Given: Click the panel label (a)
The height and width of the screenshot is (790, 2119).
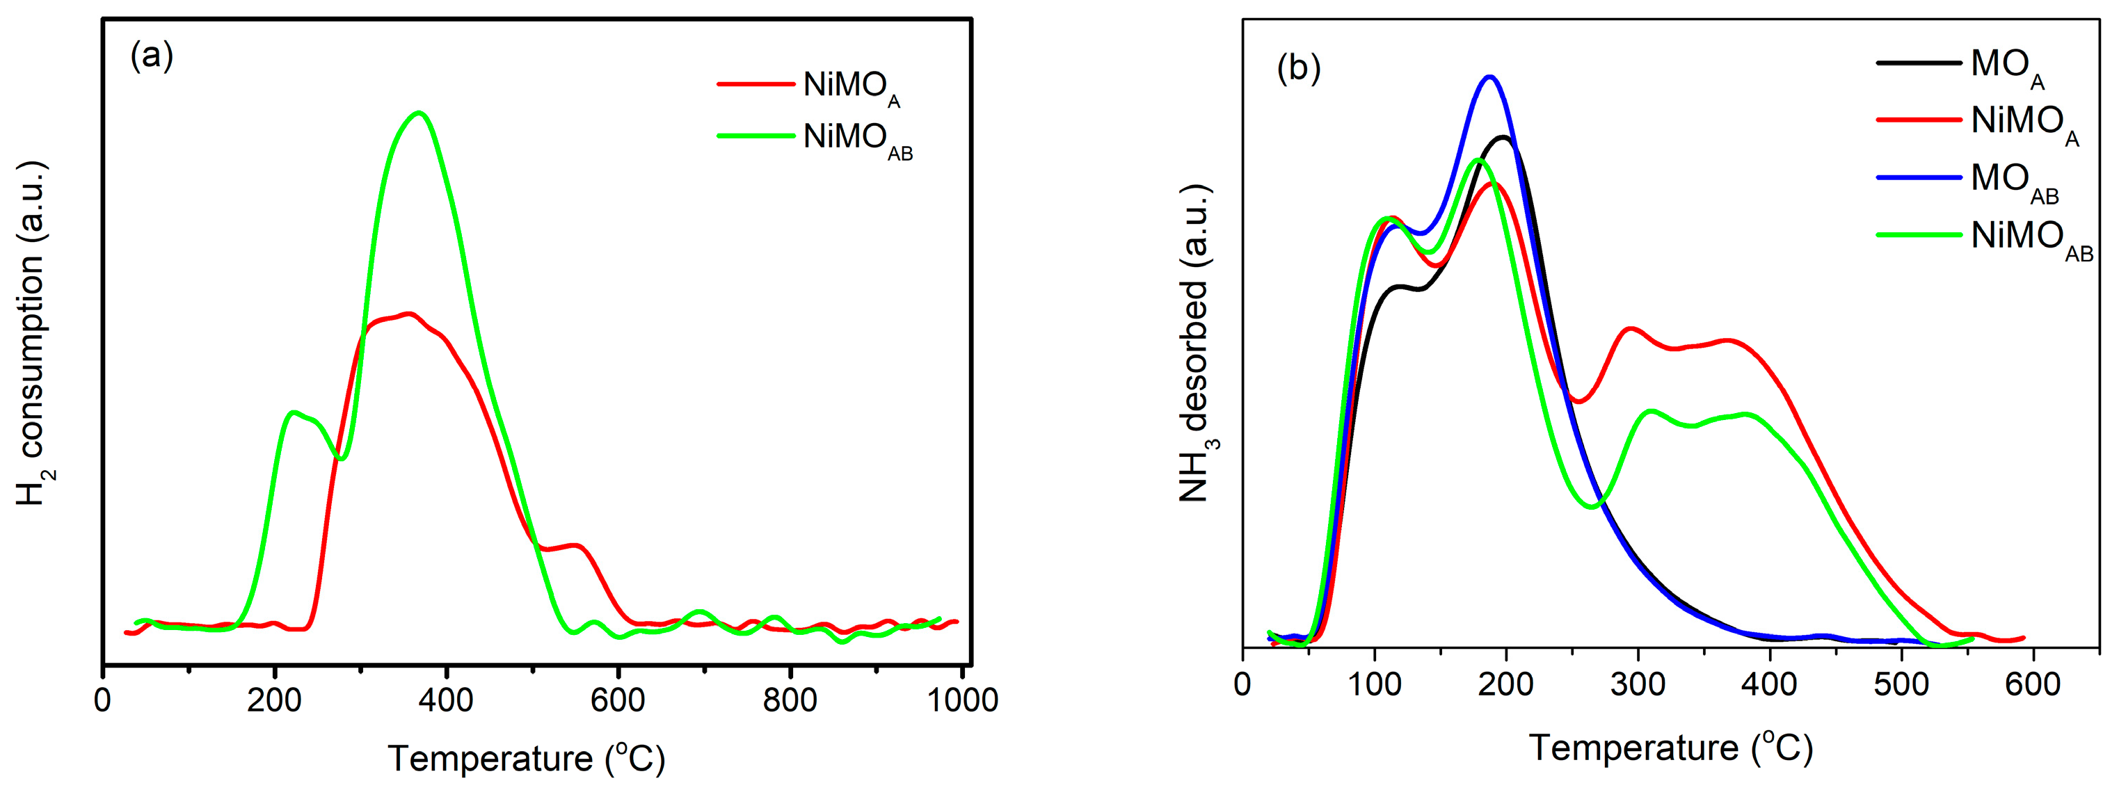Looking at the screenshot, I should point(152,57).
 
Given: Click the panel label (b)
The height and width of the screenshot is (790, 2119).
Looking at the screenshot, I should point(1298,67).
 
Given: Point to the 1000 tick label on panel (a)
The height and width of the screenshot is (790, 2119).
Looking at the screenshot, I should point(962,700).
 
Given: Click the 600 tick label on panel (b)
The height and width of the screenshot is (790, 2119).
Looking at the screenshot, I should point(2032,684).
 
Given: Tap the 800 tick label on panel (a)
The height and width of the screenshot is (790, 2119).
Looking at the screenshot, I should point(790,700).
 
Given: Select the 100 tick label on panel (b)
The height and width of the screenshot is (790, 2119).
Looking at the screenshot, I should point(1375,684).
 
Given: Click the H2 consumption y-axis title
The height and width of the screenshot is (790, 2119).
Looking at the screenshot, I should point(31,333).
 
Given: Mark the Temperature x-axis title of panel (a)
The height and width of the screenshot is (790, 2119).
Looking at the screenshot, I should point(527,758).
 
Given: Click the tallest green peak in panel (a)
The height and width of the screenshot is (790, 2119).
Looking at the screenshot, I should point(419,113).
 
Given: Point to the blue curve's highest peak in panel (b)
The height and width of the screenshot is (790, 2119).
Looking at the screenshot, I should point(1489,77).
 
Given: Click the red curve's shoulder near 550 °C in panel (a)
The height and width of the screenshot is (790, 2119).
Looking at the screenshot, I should point(576,545).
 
